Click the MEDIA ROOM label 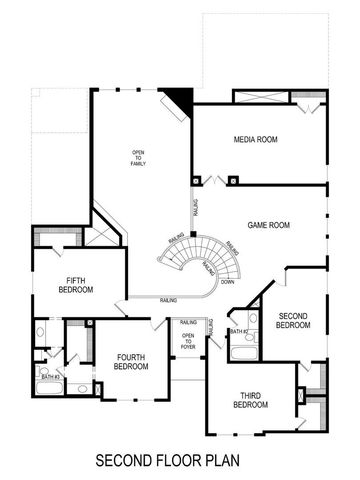[x=255, y=139]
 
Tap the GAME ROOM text [x=268, y=226]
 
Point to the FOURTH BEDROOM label [x=132, y=362]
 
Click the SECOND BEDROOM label [x=293, y=320]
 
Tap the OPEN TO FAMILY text [x=139, y=159]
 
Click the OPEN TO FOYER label [x=187, y=341]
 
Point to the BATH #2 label [x=238, y=332]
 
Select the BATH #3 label [x=49, y=376]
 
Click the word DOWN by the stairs [x=228, y=282]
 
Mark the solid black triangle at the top [x=180, y=99]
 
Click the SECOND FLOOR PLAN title [x=168, y=461]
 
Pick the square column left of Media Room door [x=196, y=181]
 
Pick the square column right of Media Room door [x=233, y=181]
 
